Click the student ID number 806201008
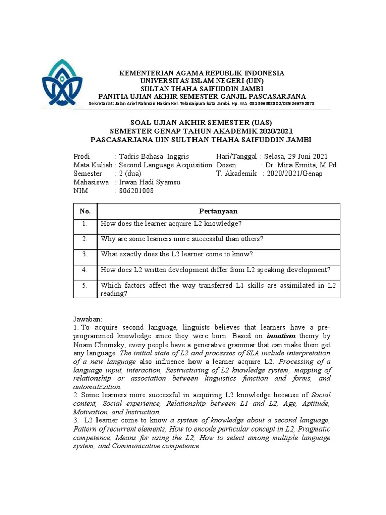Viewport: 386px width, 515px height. point(136,191)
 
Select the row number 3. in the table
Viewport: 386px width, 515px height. point(84,254)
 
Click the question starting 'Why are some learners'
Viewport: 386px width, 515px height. point(182,239)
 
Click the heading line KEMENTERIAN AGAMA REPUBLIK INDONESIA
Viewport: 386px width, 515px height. point(201,73)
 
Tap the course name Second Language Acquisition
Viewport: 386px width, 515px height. point(165,165)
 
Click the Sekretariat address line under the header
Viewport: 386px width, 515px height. point(201,103)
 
